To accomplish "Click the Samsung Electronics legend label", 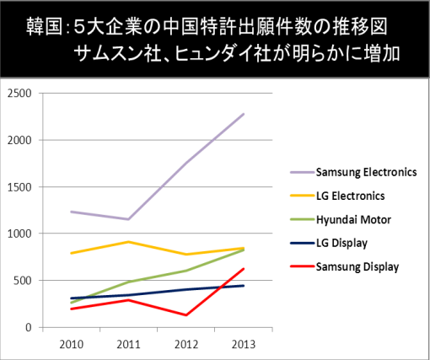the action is click(366, 172).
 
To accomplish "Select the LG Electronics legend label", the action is click(350, 196).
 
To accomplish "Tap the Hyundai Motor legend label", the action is click(353, 220).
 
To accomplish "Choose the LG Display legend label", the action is click(341, 243).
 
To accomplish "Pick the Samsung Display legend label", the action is click(357, 266).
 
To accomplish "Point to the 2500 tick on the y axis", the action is click(19, 93).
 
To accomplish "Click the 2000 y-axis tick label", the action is click(19, 140).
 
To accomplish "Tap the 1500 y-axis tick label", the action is click(19, 187).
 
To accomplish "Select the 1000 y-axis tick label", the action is click(19, 234).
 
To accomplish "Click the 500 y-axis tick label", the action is click(23, 281).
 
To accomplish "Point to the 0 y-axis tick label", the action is click(29, 327).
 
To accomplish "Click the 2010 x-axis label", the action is click(72, 345).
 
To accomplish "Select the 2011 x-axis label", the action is click(128, 345).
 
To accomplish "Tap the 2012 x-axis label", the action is click(186, 345).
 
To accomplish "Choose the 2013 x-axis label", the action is click(244, 345).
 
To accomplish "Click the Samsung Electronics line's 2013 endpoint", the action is click(244, 114).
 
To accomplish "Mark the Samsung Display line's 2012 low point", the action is click(186, 315).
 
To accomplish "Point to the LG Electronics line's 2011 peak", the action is click(128, 242).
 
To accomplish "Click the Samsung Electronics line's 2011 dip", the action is click(128, 219).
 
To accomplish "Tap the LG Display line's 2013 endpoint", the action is click(244, 286).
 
